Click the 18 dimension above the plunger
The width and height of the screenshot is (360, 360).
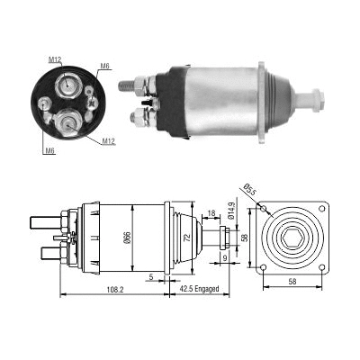point(211,215)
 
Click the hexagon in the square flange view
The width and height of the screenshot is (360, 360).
point(292,239)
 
